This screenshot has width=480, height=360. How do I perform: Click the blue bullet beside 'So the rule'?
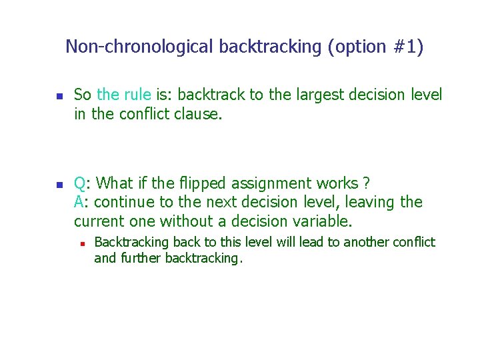pyautogui.click(x=58, y=97)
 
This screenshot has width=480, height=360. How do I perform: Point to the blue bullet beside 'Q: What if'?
pyautogui.click(x=58, y=185)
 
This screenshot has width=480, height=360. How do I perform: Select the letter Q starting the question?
pyautogui.click(x=79, y=183)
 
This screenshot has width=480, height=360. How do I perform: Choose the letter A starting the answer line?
pyautogui.click(x=79, y=202)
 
